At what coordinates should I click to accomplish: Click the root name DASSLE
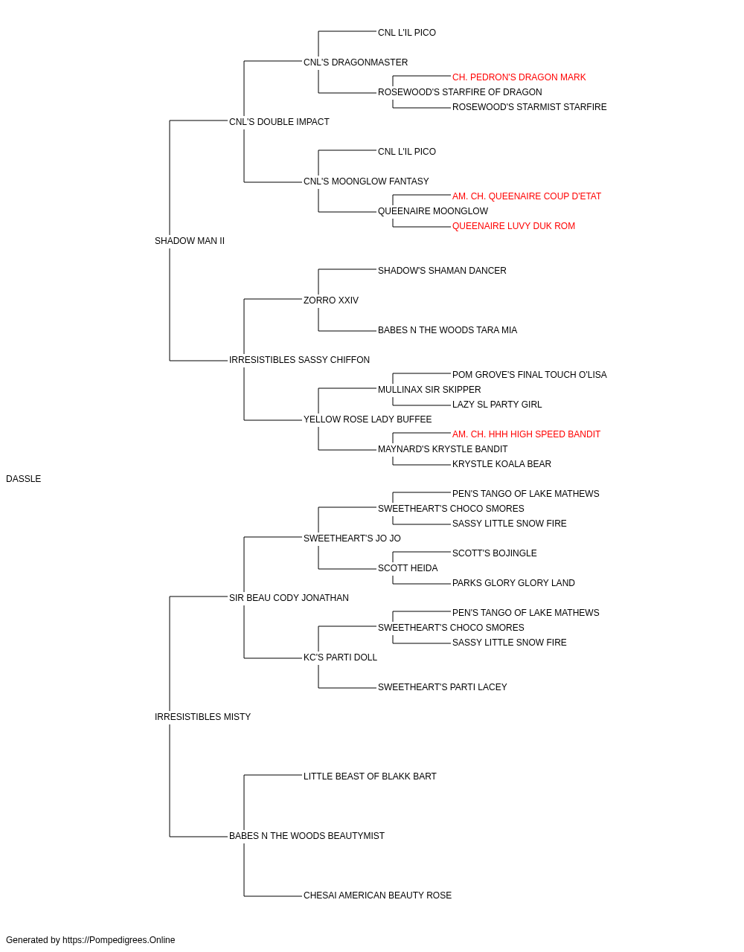(23, 479)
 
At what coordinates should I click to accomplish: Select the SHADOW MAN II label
(190, 241)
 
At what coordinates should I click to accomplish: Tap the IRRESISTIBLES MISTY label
(202, 717)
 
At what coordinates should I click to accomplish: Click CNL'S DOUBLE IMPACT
(279, 122)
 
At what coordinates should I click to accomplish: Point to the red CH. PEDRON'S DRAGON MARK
(519, 77)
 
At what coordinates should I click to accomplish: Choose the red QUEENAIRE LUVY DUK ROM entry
(513, 226)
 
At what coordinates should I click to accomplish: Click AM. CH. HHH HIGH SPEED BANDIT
(526, 434)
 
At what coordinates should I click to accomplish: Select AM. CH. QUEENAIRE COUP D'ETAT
(527, 196)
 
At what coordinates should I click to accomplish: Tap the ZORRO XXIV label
(331, 300)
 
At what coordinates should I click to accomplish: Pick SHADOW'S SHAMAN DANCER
(442, 271)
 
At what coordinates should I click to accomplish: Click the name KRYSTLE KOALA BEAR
(501, 464)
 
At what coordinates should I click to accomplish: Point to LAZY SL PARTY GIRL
(497, 405)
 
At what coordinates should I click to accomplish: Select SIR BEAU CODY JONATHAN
(289, 598)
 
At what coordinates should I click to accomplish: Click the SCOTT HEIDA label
(408, 568)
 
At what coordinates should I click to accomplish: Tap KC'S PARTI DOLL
(341, 657)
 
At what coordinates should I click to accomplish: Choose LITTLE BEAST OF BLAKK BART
(370, 776)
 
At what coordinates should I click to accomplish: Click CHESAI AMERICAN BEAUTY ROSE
(377, 895)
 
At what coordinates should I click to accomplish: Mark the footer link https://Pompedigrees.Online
(119, 940)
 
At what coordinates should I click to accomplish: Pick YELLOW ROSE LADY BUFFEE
(368, 419)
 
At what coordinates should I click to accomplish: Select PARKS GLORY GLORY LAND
(513, 583)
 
